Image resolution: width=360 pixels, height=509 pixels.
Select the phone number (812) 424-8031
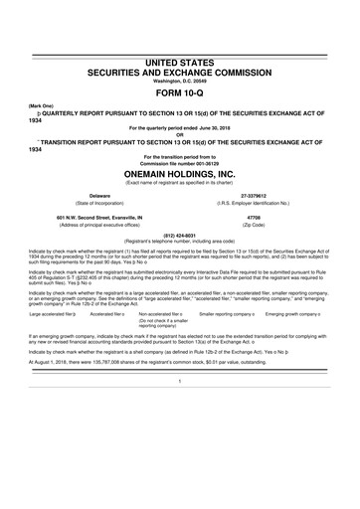[x=179, y=237]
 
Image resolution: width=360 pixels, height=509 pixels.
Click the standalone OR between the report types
[x=179, y=130]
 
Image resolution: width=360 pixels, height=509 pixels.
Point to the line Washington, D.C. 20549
[x=179, y=79]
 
